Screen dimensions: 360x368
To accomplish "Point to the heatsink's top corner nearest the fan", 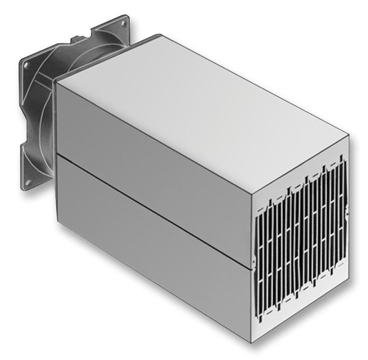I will pos(56,80).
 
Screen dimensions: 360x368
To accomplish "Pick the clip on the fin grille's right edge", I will pos(347,212).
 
